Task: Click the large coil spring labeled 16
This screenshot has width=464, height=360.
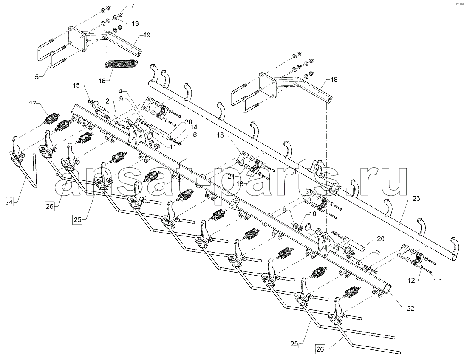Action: pyautogui.click(x=121, y=64)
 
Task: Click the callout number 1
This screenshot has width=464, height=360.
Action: pyautogui.click(x=440, y=281)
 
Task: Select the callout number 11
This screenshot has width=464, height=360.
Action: pyautogui.click(x=173, y=148)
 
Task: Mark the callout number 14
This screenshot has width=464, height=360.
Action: pyautogui.click(x=194, y=127)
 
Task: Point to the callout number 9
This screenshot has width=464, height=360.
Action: pyautogui.click(x=121, y=98)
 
